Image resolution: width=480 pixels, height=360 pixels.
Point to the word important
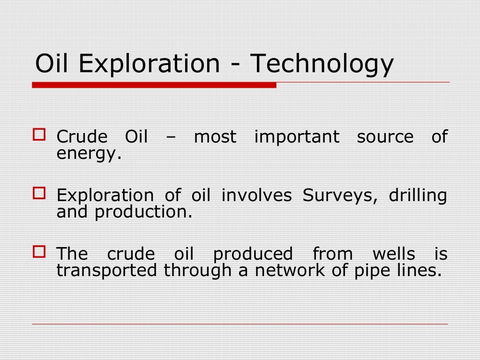tap(297, 137)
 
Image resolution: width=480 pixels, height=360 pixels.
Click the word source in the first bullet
tap(385, 137)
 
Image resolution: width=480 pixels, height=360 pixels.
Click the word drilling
tap(418, 195)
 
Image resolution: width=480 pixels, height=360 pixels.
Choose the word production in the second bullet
tap(143, 212)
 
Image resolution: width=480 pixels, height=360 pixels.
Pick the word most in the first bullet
tap(216, 137)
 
